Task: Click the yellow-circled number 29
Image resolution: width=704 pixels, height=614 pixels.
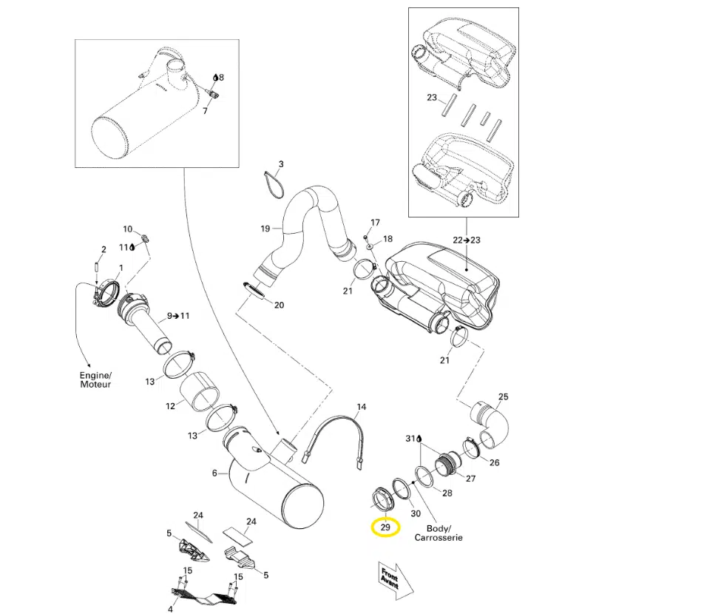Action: [385, 527]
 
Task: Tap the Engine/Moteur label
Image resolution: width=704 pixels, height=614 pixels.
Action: [95, 380]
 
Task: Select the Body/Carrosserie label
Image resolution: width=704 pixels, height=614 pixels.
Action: [444, 533]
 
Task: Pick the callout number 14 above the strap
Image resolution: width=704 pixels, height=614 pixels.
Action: [362, 407]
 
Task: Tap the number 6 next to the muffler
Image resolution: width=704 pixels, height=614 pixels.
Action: [214, 473]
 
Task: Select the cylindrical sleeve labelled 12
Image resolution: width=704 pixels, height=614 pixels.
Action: [200, 393]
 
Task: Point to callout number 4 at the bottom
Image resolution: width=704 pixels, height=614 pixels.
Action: [170, 609]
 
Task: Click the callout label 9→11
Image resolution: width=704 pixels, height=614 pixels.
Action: [177, 316]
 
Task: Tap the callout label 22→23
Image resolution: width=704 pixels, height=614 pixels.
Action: [466, 240]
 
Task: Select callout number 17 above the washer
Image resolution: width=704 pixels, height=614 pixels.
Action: [375, 222]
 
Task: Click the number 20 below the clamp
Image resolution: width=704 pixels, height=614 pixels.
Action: [278, 305]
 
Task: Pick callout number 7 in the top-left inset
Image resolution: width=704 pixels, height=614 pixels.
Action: [205, 111]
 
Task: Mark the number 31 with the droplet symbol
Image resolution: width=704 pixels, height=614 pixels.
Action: [412, 439]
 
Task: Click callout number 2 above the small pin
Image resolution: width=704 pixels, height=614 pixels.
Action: [104, 249]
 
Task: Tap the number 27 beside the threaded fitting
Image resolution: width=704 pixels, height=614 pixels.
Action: [470, 478]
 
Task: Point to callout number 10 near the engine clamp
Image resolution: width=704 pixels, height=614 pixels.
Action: [127, 229]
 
